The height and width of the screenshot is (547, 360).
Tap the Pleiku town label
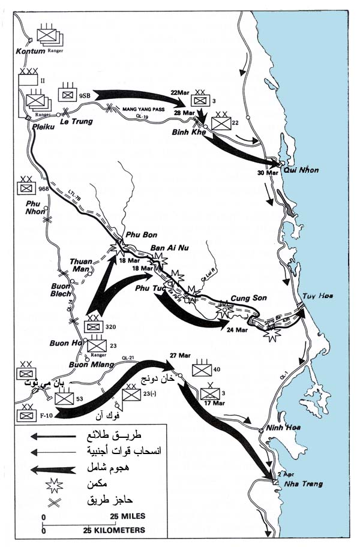pos(37,127)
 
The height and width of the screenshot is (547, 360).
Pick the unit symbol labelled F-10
pos(27,414)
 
